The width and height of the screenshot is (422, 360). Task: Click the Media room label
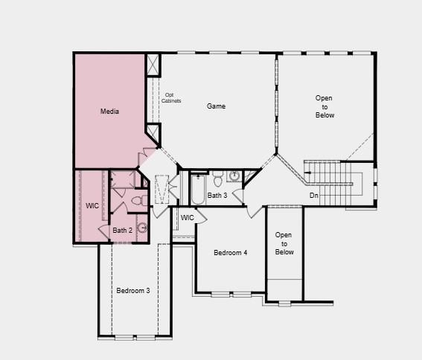click(x=110, y=112)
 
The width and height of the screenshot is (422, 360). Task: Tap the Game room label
click(x=216, y=106)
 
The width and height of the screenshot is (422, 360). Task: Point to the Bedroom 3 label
click(x=133, y=290)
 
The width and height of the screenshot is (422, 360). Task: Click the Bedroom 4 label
click(x=231, y=253)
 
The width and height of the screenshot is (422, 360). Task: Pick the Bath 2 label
click(x=122, y=231)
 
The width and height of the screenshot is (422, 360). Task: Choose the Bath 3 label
click(x=217, y=196)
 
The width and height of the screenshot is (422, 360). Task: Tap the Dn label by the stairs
click(x=314, y=196)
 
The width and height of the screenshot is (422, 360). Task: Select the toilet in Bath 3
click(x=218, y=179)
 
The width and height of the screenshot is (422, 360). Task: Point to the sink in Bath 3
click(x=234, y=176)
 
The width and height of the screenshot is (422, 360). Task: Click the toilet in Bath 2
click(x=138, y=200)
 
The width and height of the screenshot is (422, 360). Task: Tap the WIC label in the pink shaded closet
click(x=92, y=205)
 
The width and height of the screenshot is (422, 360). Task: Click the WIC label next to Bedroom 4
click(x=187, y=217)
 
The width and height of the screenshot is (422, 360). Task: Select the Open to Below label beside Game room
click(x=325, y=106)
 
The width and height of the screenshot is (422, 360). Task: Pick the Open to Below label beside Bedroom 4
click(x=284, y=243)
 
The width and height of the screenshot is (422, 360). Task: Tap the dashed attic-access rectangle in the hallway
click(x=162, y=190)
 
